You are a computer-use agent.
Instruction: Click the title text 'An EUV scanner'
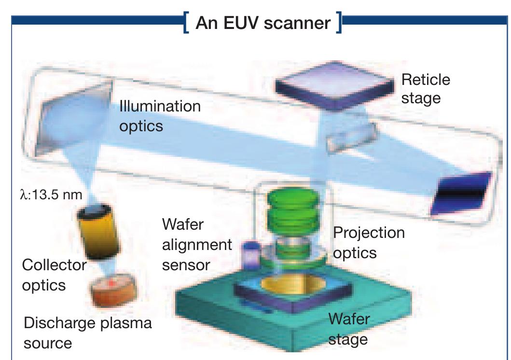pyautogui.click(x=263, y=23)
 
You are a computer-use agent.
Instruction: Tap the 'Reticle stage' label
pyautogui.click(x=426, y=89)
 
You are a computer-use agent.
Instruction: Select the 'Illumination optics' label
pyautogui.click(x=160, y=116)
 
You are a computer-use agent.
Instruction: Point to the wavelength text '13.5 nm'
pyautogui.click(x=57, y=195)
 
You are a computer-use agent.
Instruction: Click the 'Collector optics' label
pyautogui.click(x=54, y=275)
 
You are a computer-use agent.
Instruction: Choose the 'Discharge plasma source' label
pyautogui.click(x=88, y=332)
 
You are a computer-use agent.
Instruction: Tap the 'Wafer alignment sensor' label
pyautogui.click(x=197, y=245)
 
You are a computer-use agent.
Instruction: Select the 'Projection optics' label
pyautogui.click(x=369, y=243)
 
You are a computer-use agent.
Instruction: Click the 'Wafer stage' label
pyautogui.click(x=349, y=329)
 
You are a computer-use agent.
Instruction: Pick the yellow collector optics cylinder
pyautogui.click(x=98, y=232)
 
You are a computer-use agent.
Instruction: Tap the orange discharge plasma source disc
pyautogui.click(x=113, y=291)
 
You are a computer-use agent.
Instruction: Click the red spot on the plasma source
pyautogui.click(x=111, y=283)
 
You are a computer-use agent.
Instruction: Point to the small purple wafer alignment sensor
pyautogui.click(x=250, y=255)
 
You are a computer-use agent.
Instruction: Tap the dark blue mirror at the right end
pyautogui.click(x=461, y=193)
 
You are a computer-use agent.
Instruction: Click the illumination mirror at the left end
pyautogui.click(x=73, y=116)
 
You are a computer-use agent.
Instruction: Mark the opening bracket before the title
pyautogui.click(x=186, y=23)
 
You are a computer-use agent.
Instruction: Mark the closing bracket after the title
pyautogui.click(x=339, y=23)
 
